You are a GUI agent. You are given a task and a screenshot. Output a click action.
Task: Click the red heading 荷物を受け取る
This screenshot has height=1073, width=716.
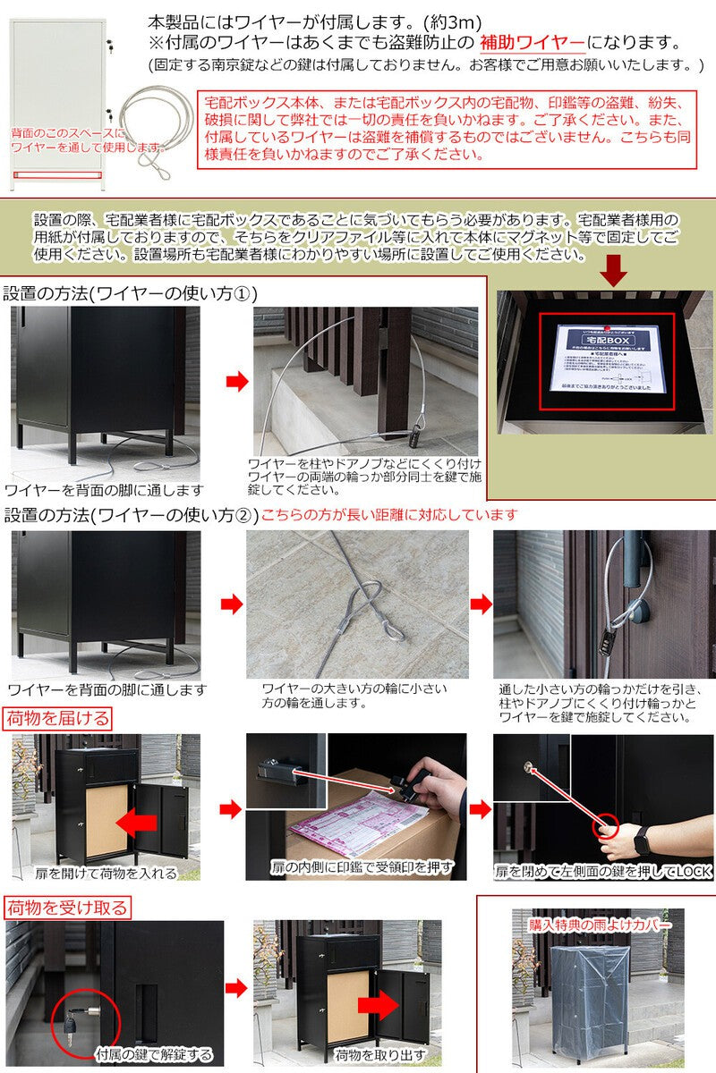point(68,908)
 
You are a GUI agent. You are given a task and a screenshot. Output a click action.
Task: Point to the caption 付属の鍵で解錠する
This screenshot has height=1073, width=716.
point(154,1054)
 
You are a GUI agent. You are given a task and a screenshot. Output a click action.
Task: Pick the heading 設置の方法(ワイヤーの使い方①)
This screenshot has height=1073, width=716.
point(131,293)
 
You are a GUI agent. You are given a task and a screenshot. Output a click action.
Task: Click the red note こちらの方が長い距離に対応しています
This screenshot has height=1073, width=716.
point(388,515)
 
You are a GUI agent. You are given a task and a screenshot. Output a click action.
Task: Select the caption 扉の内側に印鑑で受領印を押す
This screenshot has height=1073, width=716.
point(362,866)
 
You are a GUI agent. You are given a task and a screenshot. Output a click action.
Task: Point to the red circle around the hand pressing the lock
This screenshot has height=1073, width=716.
point(607,827)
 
